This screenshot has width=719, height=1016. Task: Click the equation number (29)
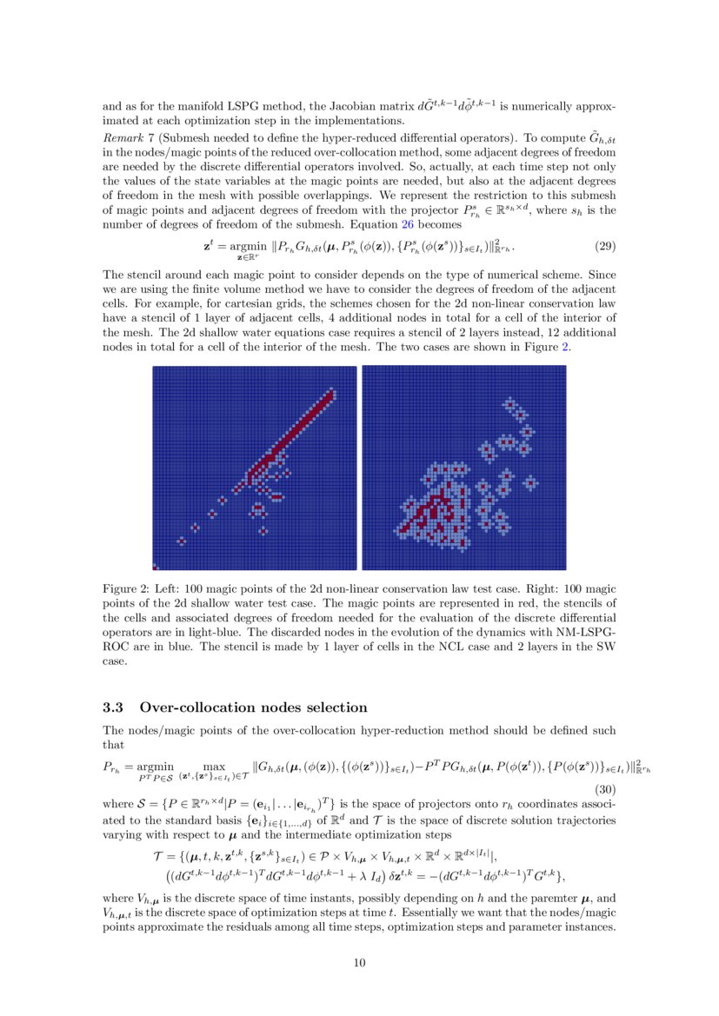coord(605,246)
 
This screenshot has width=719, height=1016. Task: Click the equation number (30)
coord(605,790)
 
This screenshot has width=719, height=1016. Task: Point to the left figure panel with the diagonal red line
coord(255,468)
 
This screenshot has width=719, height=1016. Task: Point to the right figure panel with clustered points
coord(464,468)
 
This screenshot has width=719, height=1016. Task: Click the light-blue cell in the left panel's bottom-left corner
coord(156,567)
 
